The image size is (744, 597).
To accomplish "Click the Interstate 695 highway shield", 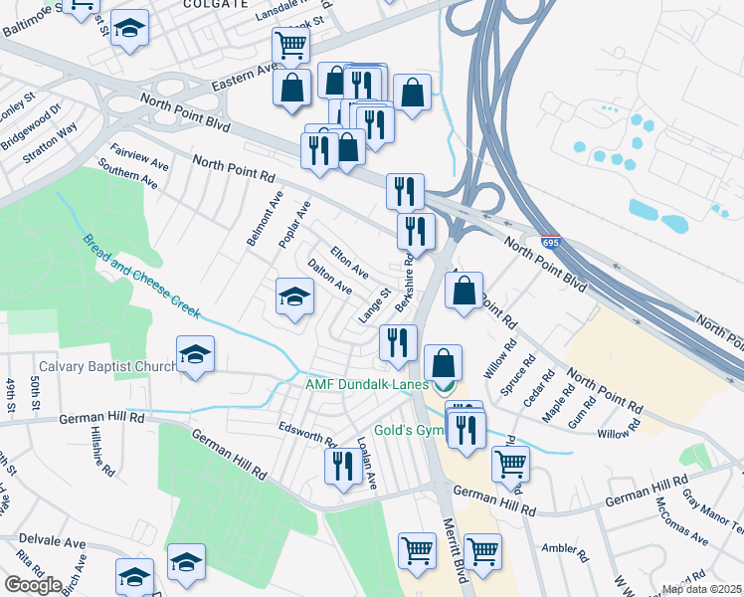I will pyautogui.click(x=551, y=242).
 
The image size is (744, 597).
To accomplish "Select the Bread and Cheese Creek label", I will pyautogui.click(x=141, y=277).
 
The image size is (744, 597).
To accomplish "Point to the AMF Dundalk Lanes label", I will pyautogui.click(x=366, y=384).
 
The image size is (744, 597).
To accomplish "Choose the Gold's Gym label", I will pyautogui.click(x=407, y=432).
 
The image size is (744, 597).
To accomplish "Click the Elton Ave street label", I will pyautogui.click(x=349, y=262).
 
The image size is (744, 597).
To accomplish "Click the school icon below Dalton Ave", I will pyautogui.click(x=294, y=296).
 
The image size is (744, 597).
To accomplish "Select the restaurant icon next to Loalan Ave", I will pyautogui.click(x=342, y=466).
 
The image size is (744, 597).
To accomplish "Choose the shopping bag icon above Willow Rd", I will pyautogui.click(x=465, y=292).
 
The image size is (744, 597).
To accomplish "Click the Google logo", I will pyautogui.click(x=33, y=585).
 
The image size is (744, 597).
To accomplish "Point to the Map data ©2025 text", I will pyautogui.click(x=702, y=589).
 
